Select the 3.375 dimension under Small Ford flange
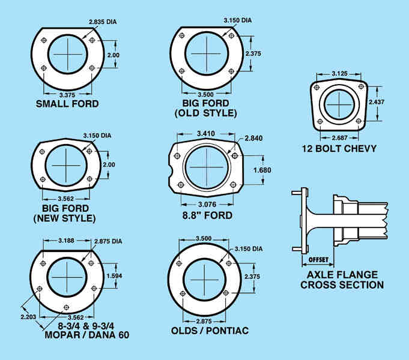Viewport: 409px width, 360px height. coord(67,94)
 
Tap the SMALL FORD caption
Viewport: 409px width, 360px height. coord(67,104)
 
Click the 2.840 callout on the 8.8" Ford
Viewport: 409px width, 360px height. coord(254,139)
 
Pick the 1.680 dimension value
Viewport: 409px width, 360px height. coord(262,170)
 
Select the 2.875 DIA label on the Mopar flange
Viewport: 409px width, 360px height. coord(108,242)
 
